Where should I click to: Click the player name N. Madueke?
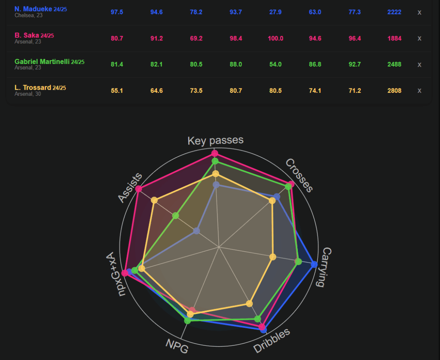pos(33,9)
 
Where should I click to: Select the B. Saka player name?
pos(27,35)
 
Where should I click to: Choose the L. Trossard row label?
pos(33,88)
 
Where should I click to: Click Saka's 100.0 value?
pos(275,38)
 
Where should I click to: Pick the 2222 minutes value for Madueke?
pos(394,12)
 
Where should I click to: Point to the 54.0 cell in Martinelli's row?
pos(275,64)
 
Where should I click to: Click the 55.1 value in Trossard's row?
pos(116,90)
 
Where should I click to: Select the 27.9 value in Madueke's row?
pos(275,12)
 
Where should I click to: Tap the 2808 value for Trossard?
pos(394,90)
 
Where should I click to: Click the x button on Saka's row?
pos(419,38)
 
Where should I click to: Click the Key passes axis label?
pos(215,140)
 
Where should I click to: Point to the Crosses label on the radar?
pos(299,175)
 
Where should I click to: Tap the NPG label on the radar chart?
pos(177,346)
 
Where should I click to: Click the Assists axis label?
pos(130,187)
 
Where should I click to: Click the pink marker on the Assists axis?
pos(138,189)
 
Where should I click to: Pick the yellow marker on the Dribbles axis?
pos(249,304)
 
